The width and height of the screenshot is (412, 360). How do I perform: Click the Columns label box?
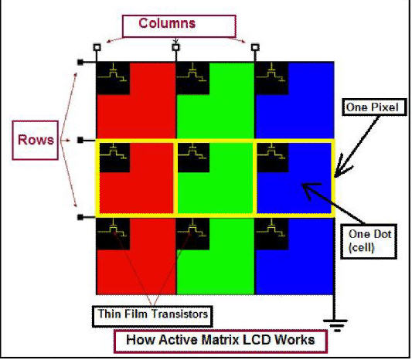pyautogui.click(x=179, y=25)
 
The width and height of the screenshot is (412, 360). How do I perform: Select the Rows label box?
pyautogui.click(x=36, y=140)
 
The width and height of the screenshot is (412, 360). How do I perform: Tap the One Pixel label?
pyautogui.click(x=374, y=107)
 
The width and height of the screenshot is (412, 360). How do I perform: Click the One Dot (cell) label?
pyautogui.click(x=369, y=241)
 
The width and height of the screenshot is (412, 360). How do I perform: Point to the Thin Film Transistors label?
pyautogui.click(x=152, y=316)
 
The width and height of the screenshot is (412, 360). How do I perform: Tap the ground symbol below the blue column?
pyautogui.click(x=335, y=325)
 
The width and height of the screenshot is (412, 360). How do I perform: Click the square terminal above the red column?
pyautogui.click(x=97, y=47)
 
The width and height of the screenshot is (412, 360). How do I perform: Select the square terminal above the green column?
pyautogui.click(x=175, y=48)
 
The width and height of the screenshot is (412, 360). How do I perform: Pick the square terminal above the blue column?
pyautogui.click(x=255, y=48)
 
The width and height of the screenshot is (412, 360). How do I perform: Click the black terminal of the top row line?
pyautogui.click(x=80, y=63)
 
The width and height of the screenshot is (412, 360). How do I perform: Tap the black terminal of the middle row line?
pyautogui.click(x=80, y=141)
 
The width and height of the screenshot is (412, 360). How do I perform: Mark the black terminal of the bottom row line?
pyautogui.click(x=80, y=217)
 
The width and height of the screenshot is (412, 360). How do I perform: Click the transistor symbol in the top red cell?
pyautogui.click(x=112, y=72)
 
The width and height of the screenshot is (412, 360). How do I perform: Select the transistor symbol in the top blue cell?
pyautogui.click(x=271, y=72)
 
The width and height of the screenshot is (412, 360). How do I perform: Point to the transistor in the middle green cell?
pyautogui.click(x=192, y=151)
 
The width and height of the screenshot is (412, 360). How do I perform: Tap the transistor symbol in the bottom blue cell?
pyautogui.click(x=271, y=228)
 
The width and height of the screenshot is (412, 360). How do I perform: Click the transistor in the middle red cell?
pyautogui.click(x=114, y=151)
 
